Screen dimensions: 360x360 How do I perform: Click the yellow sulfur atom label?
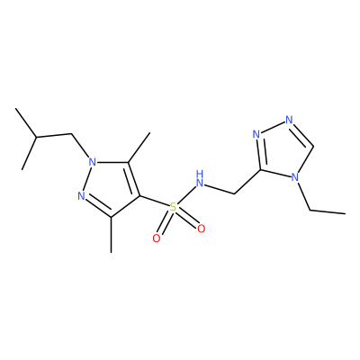click(174, 207)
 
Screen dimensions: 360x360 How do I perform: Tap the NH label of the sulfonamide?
click(200, 178)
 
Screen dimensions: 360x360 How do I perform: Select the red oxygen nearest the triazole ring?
click(202, 229)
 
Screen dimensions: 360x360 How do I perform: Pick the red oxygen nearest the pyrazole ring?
click(157, 238)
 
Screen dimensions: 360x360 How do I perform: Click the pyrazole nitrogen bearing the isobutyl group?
click(93, 162)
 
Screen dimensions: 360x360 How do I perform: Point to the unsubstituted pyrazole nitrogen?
click(81, 196)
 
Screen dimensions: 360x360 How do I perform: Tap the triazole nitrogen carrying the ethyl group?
click(295, 176)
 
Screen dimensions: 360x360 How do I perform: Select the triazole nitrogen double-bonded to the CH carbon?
click(289, 120)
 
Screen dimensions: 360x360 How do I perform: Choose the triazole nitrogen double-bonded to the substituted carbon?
click(256, 134)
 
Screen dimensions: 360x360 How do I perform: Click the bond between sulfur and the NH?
click(186, 194)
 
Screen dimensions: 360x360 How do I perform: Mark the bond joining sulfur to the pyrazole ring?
click(155, 202)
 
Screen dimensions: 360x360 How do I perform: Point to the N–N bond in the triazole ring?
click(273, 127)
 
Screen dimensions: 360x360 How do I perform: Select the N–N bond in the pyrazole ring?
click(87, 179)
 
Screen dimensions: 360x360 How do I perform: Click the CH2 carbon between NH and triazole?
click(234, 194)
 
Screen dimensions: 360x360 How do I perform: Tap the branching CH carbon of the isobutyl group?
click(36, 138)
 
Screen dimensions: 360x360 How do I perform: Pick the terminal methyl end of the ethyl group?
click(345, 213)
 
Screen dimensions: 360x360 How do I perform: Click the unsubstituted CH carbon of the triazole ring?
click(313, 147)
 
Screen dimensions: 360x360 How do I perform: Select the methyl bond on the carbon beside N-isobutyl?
click(139, 148)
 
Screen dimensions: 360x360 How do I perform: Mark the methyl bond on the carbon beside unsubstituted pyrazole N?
click(112, 235)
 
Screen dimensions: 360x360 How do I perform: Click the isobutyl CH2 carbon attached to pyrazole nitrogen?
click(72, 134)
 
